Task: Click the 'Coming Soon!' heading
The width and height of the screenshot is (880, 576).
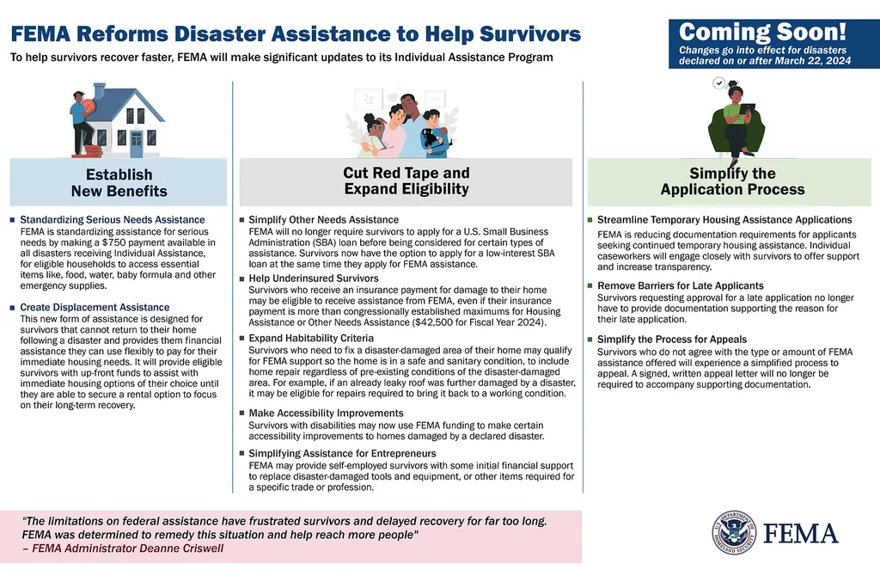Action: (x=763, y=33)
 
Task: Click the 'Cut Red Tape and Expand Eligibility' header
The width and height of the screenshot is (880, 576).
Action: (x=406, y=181)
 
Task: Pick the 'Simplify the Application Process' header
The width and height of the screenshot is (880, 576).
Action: (x=732, y=181)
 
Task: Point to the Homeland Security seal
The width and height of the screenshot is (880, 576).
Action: (x=733, y=533)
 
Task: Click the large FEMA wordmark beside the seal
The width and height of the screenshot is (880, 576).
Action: (x=801, y=534)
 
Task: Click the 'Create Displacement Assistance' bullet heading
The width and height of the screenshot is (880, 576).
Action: (x=95, y=307)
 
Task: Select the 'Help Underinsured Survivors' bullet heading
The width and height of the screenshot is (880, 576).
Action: (x=313, y=279)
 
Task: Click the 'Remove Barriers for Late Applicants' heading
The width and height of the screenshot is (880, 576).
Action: (x=680, y=285)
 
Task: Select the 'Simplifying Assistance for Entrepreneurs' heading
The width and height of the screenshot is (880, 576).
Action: (x=342, y=453)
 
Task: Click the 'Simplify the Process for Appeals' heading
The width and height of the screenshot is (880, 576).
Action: (x=672, y=340)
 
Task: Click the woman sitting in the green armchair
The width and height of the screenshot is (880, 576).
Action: (x=736, y=120)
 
